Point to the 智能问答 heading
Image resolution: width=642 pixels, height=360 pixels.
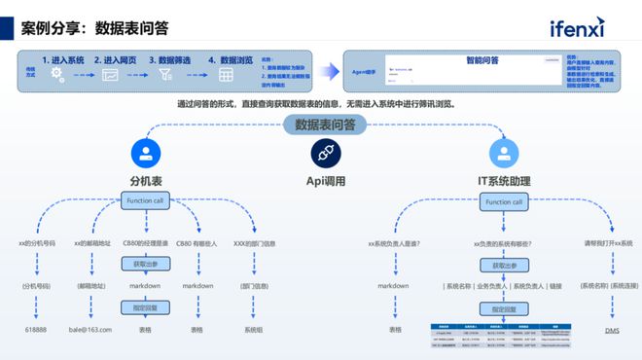point(481,60)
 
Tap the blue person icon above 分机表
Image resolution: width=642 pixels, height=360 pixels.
point(145,152)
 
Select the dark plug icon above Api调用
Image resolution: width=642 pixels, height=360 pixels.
point(323,153)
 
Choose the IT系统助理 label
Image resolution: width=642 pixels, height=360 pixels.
point(504,181)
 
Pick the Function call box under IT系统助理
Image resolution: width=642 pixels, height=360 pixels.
point(504,201)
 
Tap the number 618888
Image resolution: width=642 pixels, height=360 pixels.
point(35,330)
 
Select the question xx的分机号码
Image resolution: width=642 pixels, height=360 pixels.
point(37,242)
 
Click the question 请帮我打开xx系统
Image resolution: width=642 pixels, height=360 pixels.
point(607,242)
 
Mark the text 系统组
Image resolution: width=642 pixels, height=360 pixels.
point(254,330)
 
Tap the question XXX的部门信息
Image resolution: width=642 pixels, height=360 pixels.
point(255,242)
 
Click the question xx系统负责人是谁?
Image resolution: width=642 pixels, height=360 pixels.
point(393,242)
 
